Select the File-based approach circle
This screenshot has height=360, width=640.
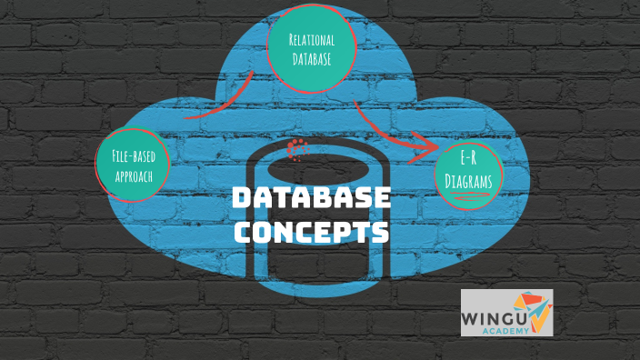[133, 164]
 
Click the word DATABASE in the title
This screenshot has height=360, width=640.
[311, 199]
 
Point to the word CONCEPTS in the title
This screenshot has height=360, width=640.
[311, 231]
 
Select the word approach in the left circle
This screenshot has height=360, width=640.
[133, 174]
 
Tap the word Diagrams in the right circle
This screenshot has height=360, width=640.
[469, 181]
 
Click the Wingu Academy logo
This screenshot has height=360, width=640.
[506, 313]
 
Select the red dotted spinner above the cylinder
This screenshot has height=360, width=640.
[297, 148]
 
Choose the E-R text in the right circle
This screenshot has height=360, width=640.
[469, 161]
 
